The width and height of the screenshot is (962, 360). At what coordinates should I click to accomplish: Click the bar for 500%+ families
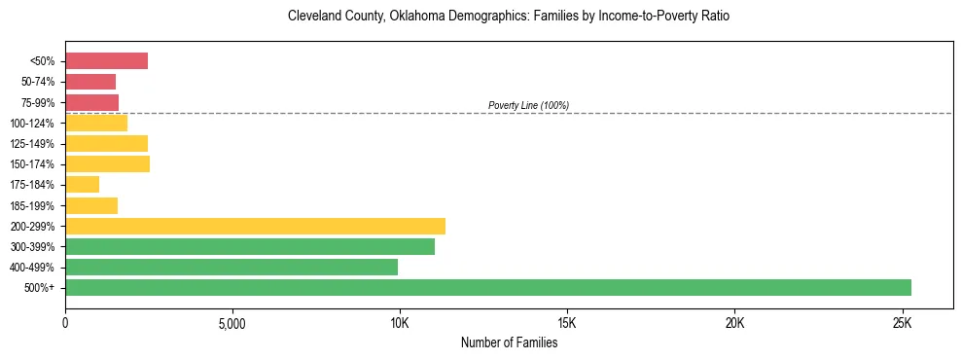point(487,287)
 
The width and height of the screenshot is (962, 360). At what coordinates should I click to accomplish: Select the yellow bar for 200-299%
point(255,226)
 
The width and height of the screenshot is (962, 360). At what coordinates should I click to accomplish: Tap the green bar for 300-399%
point(249,246)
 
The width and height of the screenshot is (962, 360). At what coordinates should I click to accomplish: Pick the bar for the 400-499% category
point(232,267)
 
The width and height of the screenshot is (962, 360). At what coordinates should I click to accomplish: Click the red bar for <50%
point(106,61)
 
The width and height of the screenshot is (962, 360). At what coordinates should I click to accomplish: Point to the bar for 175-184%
point(82,185)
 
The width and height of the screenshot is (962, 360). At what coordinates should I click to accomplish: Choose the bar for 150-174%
point(107,164)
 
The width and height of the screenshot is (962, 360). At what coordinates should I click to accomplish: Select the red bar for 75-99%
point(91,102)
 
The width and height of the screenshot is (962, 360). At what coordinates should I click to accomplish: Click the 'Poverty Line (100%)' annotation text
point(528,105)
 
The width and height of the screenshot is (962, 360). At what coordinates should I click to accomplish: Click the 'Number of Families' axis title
point(509,342)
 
